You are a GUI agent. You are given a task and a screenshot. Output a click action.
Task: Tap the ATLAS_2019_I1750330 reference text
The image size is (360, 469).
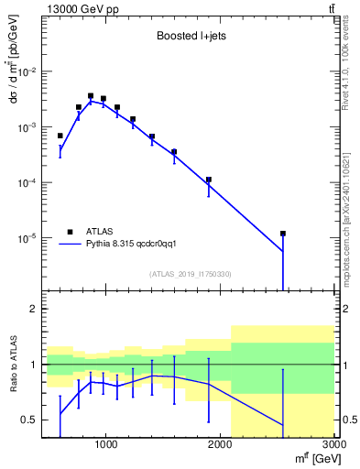(x=190, y=274)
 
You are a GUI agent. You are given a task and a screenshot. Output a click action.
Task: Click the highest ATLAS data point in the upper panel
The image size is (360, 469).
(x=91, y=95)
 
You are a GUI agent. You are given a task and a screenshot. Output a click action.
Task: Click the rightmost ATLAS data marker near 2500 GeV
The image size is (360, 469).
(x=283, y=234)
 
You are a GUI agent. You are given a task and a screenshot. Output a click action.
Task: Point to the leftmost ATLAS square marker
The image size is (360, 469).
(x=60, y=136)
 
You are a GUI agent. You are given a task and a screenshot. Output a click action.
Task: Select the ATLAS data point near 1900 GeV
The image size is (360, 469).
(x=209, y=180)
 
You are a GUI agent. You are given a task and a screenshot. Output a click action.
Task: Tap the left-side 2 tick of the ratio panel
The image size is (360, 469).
(x=33, y=310)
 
